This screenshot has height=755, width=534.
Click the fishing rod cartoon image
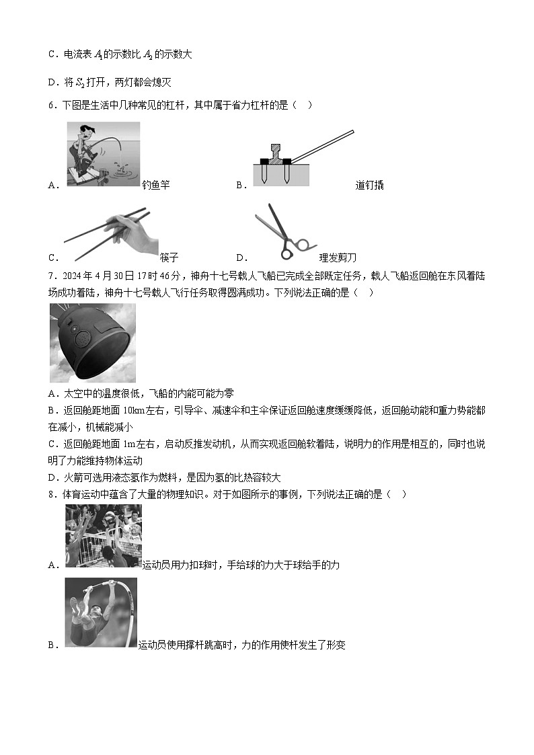pyautogui.click(x=104, y=154)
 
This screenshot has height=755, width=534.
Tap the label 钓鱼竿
pyautogui.click(x=155, y=186)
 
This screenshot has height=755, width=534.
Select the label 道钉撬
pyautogui.click(x=369, y=186)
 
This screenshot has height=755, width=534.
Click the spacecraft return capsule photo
pyautogui.click(x=92, y=343)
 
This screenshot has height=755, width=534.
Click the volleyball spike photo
pyautogui.click(x=104, y=536)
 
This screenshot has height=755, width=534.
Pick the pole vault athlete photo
pyautogui.click(x=101, y=612)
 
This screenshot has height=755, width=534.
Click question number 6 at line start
pyautogui.click(x=52, y=105)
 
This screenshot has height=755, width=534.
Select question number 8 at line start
pyautogui.click(x=52, y=494)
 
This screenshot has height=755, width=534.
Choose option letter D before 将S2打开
pyautogui.click(x=52, y=83)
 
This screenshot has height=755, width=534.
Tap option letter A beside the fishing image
pyautogui.click(x=52, y=186)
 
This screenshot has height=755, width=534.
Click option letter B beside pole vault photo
pyautogui.click(x=52, y=645)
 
